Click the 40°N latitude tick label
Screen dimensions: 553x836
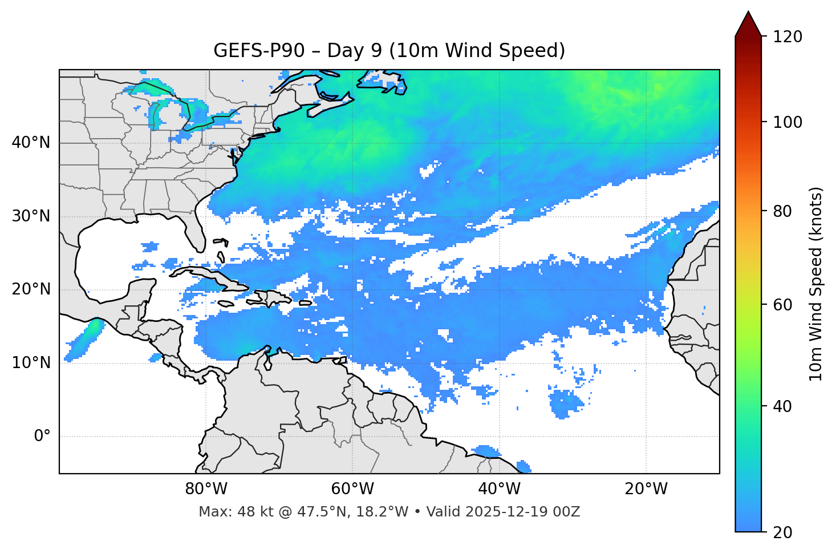(x=31, y=143)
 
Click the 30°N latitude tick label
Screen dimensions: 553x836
(x=31, y=216)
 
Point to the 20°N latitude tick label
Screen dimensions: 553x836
(x=31, y=289)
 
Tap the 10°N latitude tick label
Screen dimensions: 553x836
(x=31, y=363)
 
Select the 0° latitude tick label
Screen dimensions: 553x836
(x=42, y=437)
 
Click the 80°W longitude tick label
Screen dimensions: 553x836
(x=206, y=489)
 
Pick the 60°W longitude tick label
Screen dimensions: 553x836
(x=352, y=489)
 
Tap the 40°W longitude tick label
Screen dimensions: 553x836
(x=499, y=489)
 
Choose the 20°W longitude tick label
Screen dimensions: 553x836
(x=646, y=489)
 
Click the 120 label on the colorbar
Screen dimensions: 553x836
(x=788, y=37)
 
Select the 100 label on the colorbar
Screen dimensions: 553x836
(x=788, y=122)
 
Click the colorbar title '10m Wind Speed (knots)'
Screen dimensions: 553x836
(x=816, y=284)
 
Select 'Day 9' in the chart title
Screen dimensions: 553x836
(x=354, y=51)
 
